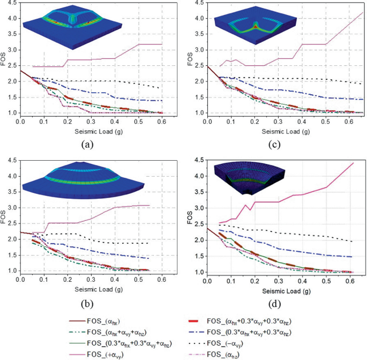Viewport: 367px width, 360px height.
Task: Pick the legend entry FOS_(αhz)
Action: pyautogui.click(x=289, y=354)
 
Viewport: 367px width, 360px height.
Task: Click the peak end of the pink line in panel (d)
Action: pyautogui.click(x=354, y=163)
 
